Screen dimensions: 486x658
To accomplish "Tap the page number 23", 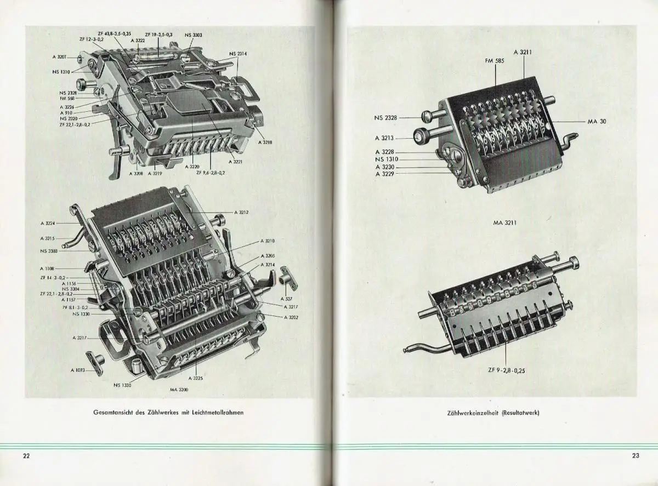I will [636, 456].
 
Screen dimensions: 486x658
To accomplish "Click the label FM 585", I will [495, 61].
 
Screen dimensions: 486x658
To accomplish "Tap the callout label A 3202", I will [291, 317].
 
